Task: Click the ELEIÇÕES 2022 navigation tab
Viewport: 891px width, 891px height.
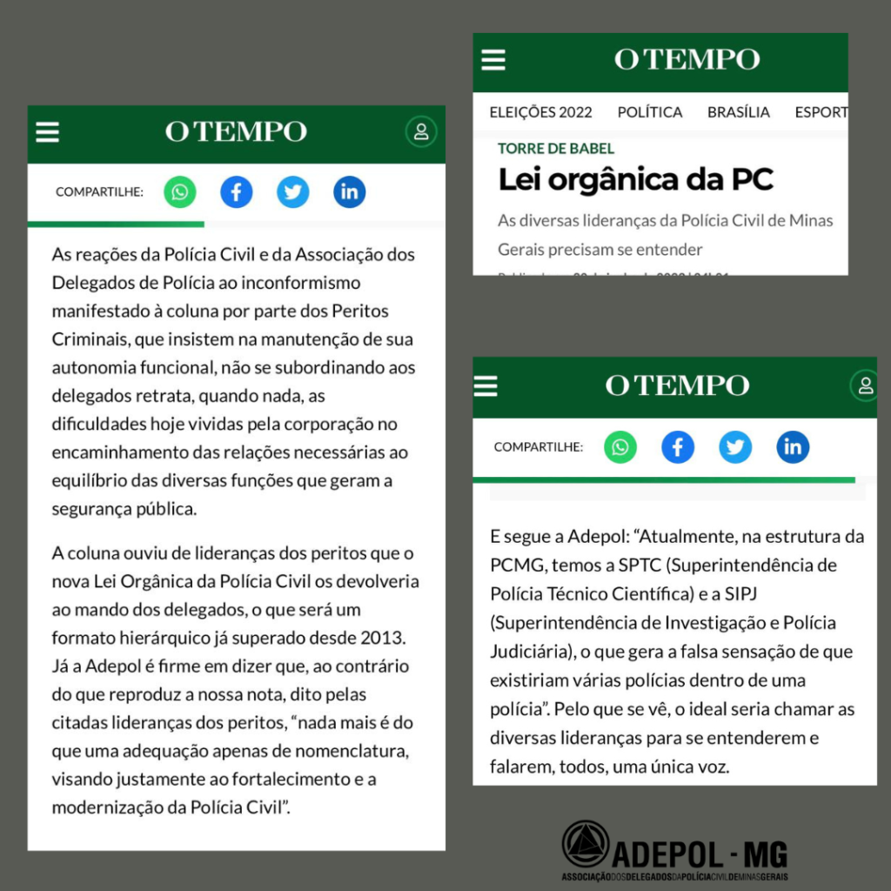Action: pos(540,112)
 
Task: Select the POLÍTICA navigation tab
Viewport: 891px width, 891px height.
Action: pos(650,112)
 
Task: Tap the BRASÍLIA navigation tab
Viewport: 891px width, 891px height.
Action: pos(739,112)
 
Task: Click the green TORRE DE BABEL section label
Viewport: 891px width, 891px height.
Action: pos(556,149)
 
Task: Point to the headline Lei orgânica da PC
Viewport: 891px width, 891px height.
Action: pos(635,180)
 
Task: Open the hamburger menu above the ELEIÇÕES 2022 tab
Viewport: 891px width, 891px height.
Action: pos(493,59)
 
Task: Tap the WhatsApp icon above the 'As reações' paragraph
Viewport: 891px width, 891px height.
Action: pos(180,191)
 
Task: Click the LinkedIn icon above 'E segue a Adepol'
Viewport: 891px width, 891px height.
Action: pos(793,447)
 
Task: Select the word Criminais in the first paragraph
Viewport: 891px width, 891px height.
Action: pos(85,339)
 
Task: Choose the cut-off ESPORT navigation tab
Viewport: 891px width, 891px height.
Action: pos(821,112)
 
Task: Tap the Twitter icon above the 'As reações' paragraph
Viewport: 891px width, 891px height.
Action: pos(293,191)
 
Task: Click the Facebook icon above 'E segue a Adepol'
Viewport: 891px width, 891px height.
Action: pos(678,447)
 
